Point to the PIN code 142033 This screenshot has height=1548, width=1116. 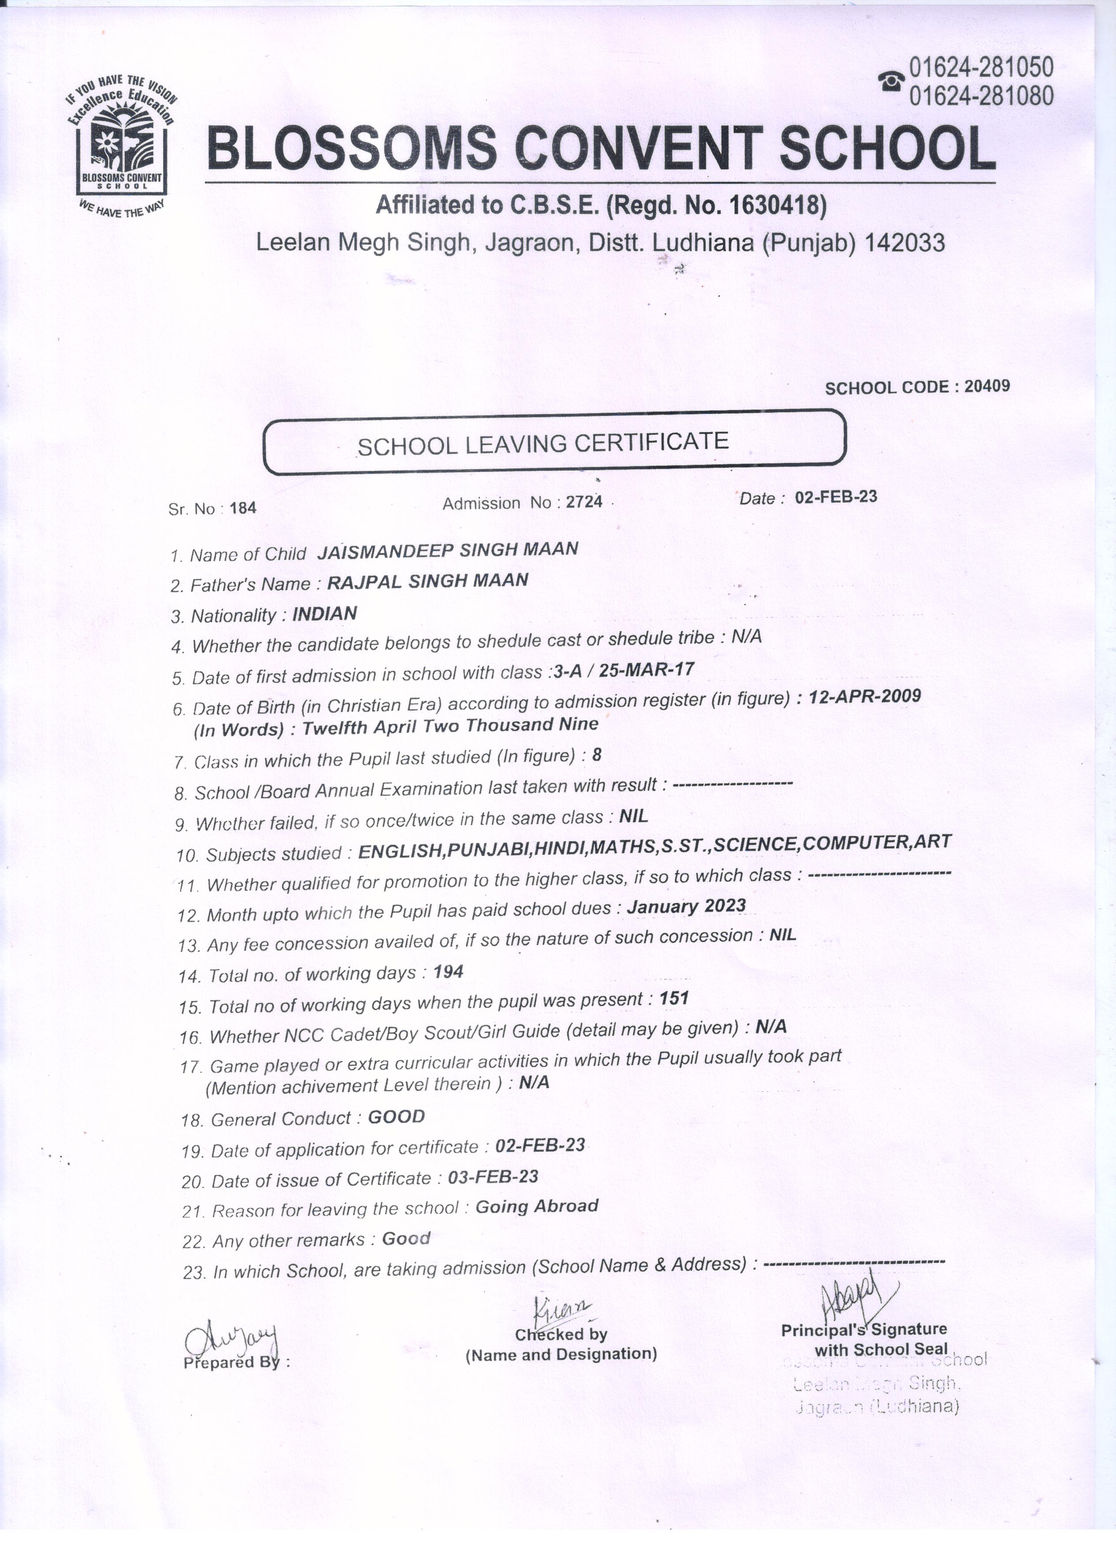pyautogui.click(x=905, y=242)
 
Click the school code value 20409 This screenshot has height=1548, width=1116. pyautogui.click(x=987, y=386)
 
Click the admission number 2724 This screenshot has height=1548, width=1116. pyautogui.click(x=585, y=502)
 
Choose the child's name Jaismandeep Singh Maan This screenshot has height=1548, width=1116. pyautogui.click(x=448, y=550)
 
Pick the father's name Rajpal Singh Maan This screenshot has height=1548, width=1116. pyautogui.click(x=428, y=581)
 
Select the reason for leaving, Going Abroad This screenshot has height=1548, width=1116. pyautogui.click(x=536, y=1206)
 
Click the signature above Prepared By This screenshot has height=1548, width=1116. pyautogui.click(x=232, y=1339)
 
